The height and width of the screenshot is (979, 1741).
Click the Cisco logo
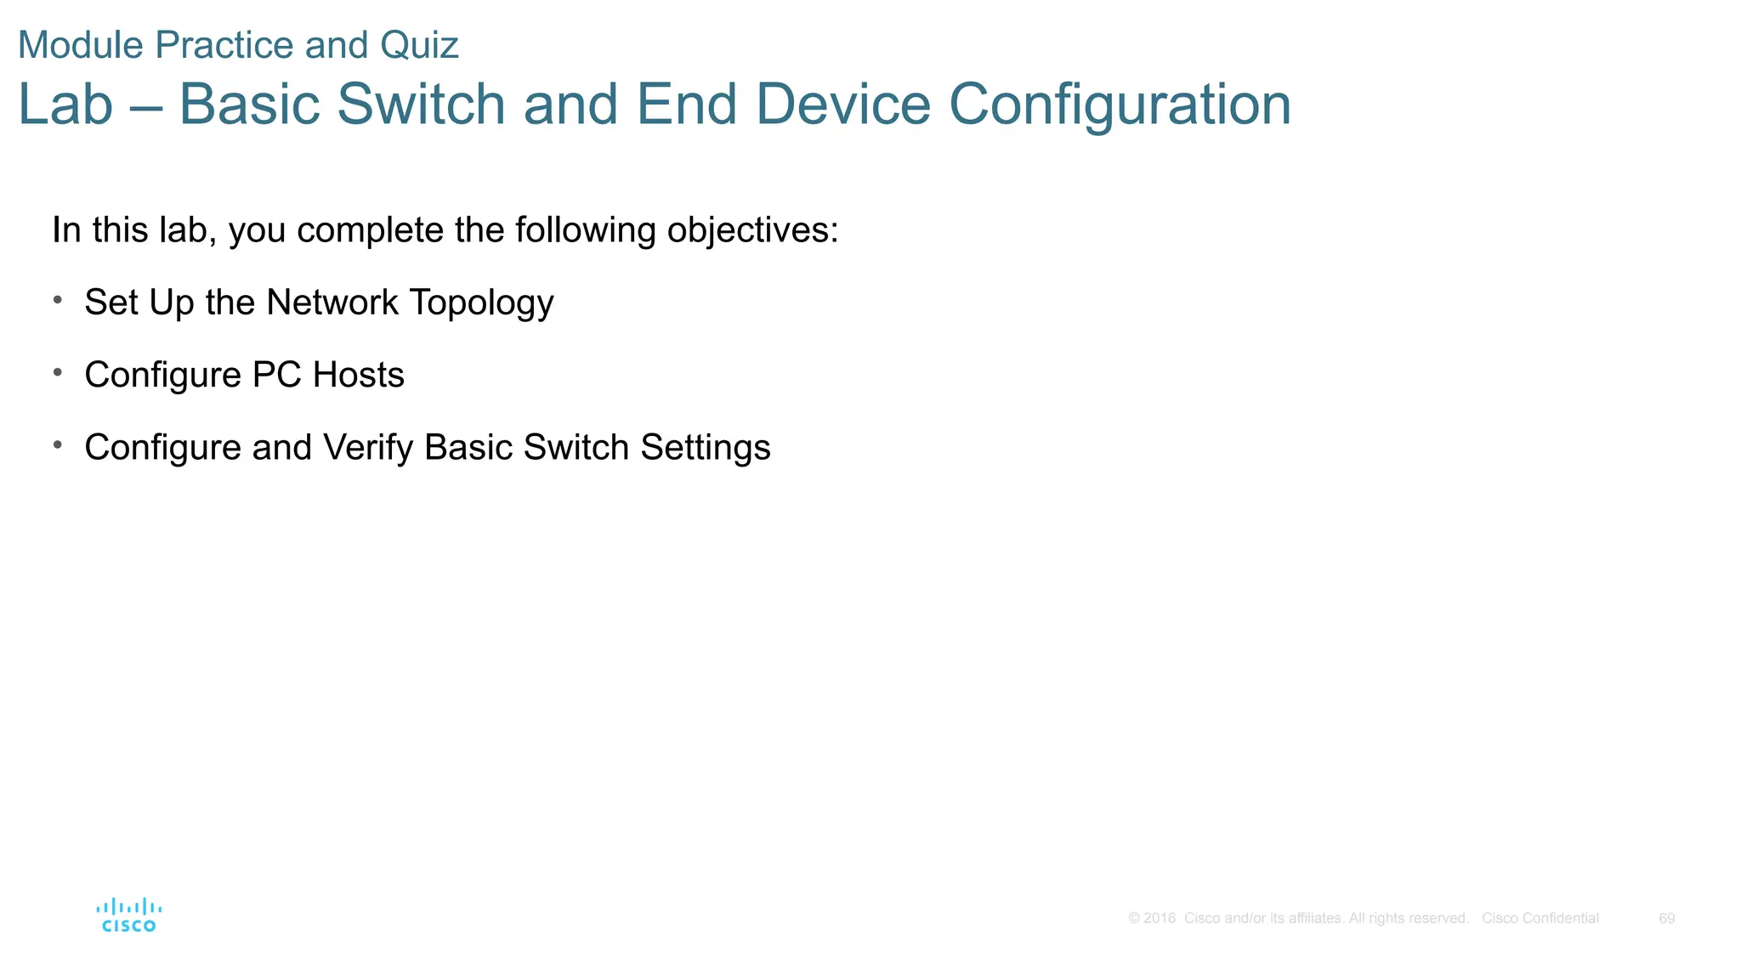click(128, 915)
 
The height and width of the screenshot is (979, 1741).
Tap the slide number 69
click(1666, 919)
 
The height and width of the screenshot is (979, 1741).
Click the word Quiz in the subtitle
click(419, 45)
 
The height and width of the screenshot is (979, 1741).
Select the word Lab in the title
click(65, 105)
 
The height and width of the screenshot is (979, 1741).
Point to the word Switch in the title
click(421, 105)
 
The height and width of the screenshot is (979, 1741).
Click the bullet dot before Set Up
click(57, 299)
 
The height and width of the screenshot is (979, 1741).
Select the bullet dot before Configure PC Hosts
click(57, 371)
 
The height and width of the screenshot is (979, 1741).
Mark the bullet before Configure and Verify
click(57, 444)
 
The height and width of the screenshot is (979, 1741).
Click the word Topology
click(481, 303)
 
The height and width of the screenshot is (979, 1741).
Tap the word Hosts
click(358, 375)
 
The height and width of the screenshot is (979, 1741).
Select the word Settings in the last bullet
click(705, 448)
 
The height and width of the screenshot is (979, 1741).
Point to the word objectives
click(752, 230)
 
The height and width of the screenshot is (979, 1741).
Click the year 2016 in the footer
click(1160, 919)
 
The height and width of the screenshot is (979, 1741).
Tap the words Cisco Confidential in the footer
click(1540, 919)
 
